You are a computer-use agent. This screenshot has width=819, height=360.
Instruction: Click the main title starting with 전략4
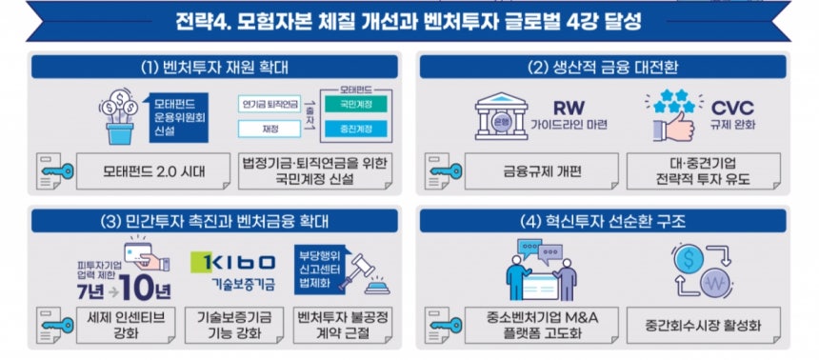[409, 20]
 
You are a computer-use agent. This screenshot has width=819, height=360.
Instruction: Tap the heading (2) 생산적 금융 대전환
[615, 67]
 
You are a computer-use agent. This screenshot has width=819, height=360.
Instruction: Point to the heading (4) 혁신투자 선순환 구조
[615, 221]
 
